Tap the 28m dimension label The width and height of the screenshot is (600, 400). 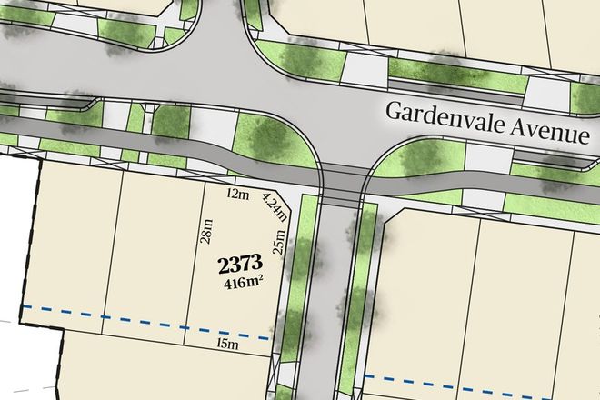click(x=206, y=236)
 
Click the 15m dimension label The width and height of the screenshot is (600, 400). click(x=227, y=344)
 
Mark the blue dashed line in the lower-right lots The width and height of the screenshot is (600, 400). click(x=482, y=375)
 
